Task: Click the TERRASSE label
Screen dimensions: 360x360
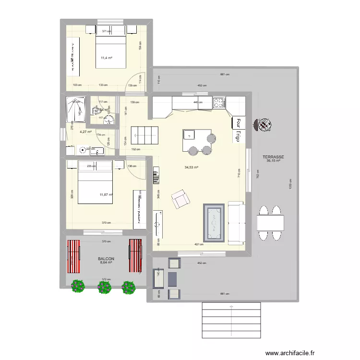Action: coord(274,157)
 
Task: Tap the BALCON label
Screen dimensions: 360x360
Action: coord(106,258)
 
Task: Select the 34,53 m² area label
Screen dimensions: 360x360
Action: coord(192,168)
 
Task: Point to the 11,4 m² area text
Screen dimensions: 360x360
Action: coord(106,58)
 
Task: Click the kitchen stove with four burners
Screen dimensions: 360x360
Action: coord(219,102)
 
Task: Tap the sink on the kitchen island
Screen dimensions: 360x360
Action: coord(189,134)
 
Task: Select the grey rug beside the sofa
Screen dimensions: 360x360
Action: coord(214,222)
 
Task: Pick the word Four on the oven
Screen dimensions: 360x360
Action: coord(237,124)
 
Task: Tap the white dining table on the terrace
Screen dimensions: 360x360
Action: coord(270,223)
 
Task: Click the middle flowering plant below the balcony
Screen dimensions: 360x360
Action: coord(104,287)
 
